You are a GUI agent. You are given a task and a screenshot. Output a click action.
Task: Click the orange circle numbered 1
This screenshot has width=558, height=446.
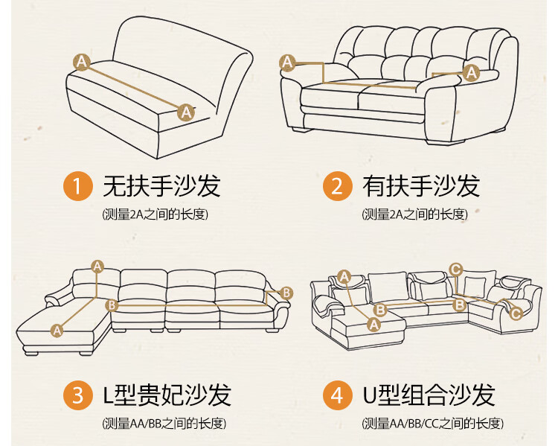[78, 186]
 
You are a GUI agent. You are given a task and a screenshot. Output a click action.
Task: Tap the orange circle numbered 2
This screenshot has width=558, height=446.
[337, 186]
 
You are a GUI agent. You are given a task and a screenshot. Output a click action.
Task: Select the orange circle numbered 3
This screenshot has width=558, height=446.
[78, 395]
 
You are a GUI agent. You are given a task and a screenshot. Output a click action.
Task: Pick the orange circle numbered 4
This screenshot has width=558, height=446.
[337, 395]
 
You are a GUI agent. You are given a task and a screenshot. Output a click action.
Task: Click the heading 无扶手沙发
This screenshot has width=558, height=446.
[162, 186]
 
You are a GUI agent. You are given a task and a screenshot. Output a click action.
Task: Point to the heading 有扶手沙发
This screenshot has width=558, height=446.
[421, 186]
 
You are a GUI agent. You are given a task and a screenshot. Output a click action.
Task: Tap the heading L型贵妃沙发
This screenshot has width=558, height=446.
[167, 395]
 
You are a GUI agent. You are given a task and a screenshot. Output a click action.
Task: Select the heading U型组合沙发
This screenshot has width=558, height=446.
[429, 395]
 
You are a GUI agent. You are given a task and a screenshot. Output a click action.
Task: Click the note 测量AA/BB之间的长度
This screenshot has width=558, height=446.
[164, 423]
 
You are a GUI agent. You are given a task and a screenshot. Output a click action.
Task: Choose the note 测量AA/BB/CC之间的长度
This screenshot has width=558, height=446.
[433, 423]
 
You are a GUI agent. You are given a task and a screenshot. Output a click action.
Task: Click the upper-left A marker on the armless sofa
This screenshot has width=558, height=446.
[82, 62]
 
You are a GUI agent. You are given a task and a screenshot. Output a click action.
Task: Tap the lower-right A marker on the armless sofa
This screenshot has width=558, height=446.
[186, 112]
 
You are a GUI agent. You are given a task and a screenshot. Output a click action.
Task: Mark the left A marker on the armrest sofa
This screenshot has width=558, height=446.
[287, 63]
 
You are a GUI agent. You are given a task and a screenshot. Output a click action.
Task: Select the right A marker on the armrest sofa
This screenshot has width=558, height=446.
[471, 73]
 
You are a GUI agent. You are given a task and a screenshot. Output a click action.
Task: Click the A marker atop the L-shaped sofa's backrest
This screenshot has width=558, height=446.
[97, 267]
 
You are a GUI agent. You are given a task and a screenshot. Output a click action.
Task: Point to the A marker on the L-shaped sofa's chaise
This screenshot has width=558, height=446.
[57, 331]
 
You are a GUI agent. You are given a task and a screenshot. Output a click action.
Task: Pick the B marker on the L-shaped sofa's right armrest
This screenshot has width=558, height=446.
[286, 293]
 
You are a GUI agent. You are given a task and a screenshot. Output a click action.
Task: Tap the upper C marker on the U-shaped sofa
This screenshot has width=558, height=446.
[456, 270]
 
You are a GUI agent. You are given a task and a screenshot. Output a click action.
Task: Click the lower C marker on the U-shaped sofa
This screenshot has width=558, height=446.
[516, 313]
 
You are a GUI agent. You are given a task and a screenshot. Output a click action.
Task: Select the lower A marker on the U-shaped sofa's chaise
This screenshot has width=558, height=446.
[373, 325]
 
